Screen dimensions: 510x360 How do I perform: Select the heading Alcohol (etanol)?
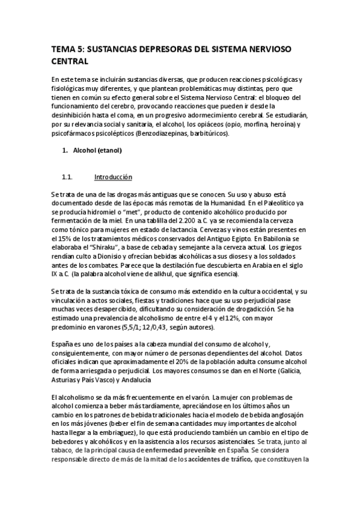97,150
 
